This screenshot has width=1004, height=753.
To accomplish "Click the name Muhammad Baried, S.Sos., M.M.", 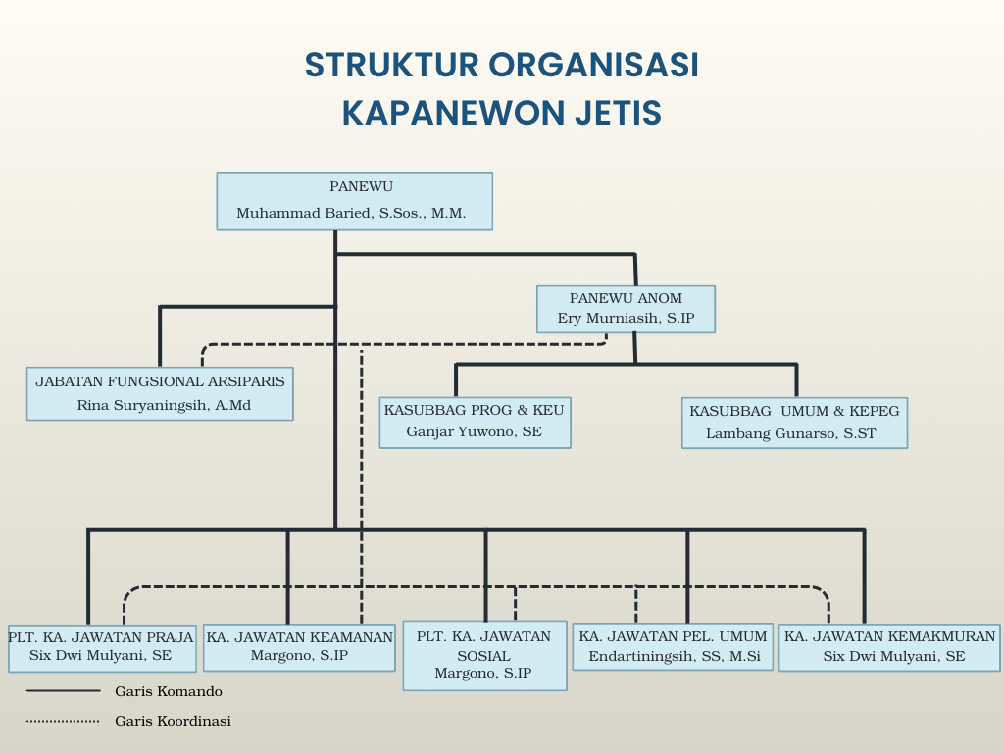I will pyautogui.click(x=351, y=213).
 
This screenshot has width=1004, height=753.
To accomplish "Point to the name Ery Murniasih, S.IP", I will pyautogui.click(x=626, y=318).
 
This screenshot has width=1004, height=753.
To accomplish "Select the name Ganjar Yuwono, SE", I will pyautogui.click(x=475, y=431).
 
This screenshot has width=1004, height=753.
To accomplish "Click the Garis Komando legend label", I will pyautogui.click(x=169, y=691).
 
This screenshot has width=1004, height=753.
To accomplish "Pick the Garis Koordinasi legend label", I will pyautogui.click(x=173, y=721).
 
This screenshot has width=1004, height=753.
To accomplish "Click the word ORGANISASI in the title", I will pyautogui.click(x=593, y=65).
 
